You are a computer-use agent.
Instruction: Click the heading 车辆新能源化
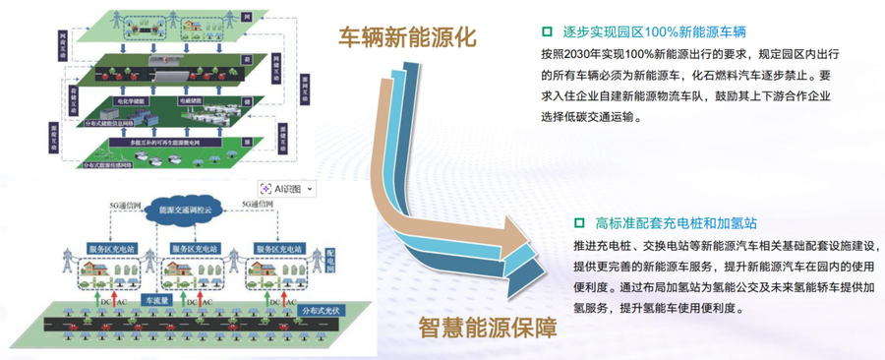406,37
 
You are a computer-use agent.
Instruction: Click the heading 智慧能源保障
486,329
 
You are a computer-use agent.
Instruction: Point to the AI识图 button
286,187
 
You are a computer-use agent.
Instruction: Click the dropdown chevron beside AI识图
311,187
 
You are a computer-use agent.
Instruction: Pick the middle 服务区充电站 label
197,248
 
